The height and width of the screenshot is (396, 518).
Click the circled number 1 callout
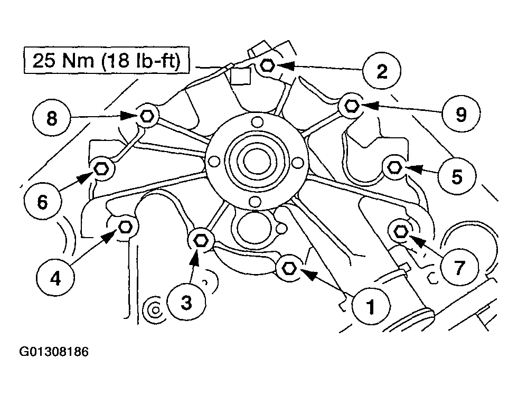pyautogui.click(x=371, y=306)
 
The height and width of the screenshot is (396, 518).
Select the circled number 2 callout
pyautogui.click(x=382, y=71)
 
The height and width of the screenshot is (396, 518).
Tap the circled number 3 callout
pyautogui.click(x=186, y=302)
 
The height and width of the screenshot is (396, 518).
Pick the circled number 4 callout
pyautogui.click(x=55, y=278)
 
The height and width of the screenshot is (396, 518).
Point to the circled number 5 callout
pyautogui.click(x=457, y=176)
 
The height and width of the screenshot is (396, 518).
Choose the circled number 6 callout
pyautogui.click(x=43, y=201)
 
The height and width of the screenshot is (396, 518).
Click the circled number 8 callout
pyautogui.click(x=52, y=118)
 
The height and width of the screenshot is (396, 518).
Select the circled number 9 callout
pyautogui.click(x=461, y=114)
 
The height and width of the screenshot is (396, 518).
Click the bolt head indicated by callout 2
pyautogui.click(x=267, y=65)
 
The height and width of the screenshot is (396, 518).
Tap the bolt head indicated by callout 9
pyautogui.click(x=351, y=106)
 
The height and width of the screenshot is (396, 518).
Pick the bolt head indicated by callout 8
pyautogui.click(x=146, y=116)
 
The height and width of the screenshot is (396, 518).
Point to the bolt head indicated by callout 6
pyautogui.click(x=101, y=169)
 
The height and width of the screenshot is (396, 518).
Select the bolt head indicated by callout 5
pyautogui.click(x=394, y=167)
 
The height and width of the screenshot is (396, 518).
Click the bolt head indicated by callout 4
pyautogui.click(x=125, y=227)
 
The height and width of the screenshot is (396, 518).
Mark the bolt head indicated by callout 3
pyautogui.click(x=200, y=240)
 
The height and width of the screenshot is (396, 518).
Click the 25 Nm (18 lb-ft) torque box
pyautogui.click(x=107, y=60)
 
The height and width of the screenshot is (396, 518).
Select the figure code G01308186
pyautogui.click(x=54, y=352)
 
